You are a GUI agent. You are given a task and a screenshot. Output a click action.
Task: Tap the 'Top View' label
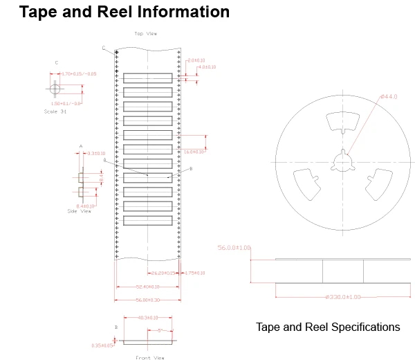145,33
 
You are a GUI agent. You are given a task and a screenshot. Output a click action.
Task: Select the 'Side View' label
80,211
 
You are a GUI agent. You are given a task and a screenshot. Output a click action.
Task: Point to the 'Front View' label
150,357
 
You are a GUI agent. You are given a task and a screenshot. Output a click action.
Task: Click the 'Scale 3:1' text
55,111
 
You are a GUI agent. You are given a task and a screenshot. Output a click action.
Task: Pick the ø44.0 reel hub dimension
389,97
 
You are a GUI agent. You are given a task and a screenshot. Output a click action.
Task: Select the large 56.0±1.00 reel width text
234,247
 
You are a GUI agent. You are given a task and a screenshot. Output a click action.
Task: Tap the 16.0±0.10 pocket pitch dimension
194,151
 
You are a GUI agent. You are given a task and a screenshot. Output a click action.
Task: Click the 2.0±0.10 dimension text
196,61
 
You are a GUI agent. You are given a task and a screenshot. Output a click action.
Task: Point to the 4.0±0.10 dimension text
206,67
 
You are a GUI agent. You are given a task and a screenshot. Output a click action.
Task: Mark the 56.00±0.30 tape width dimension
147,300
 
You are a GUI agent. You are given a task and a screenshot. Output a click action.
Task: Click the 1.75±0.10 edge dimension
195,273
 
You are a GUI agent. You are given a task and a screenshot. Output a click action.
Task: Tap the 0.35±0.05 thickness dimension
102,345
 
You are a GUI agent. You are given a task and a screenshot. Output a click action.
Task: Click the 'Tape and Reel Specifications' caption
327,327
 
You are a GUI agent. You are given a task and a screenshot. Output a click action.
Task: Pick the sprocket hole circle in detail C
55,89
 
